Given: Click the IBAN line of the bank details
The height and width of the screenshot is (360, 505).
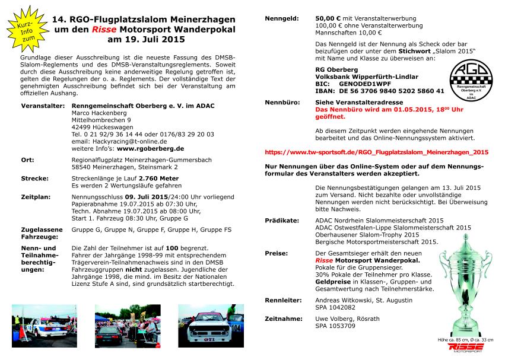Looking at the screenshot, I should [x=380, y=91].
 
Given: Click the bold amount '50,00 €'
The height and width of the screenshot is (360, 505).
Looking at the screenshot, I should [x=329, y=19].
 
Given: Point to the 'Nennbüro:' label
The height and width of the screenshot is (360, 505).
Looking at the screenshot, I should [x=282, y=102].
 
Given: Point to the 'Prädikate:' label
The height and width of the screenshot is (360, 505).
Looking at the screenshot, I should [x=282, y=219].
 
